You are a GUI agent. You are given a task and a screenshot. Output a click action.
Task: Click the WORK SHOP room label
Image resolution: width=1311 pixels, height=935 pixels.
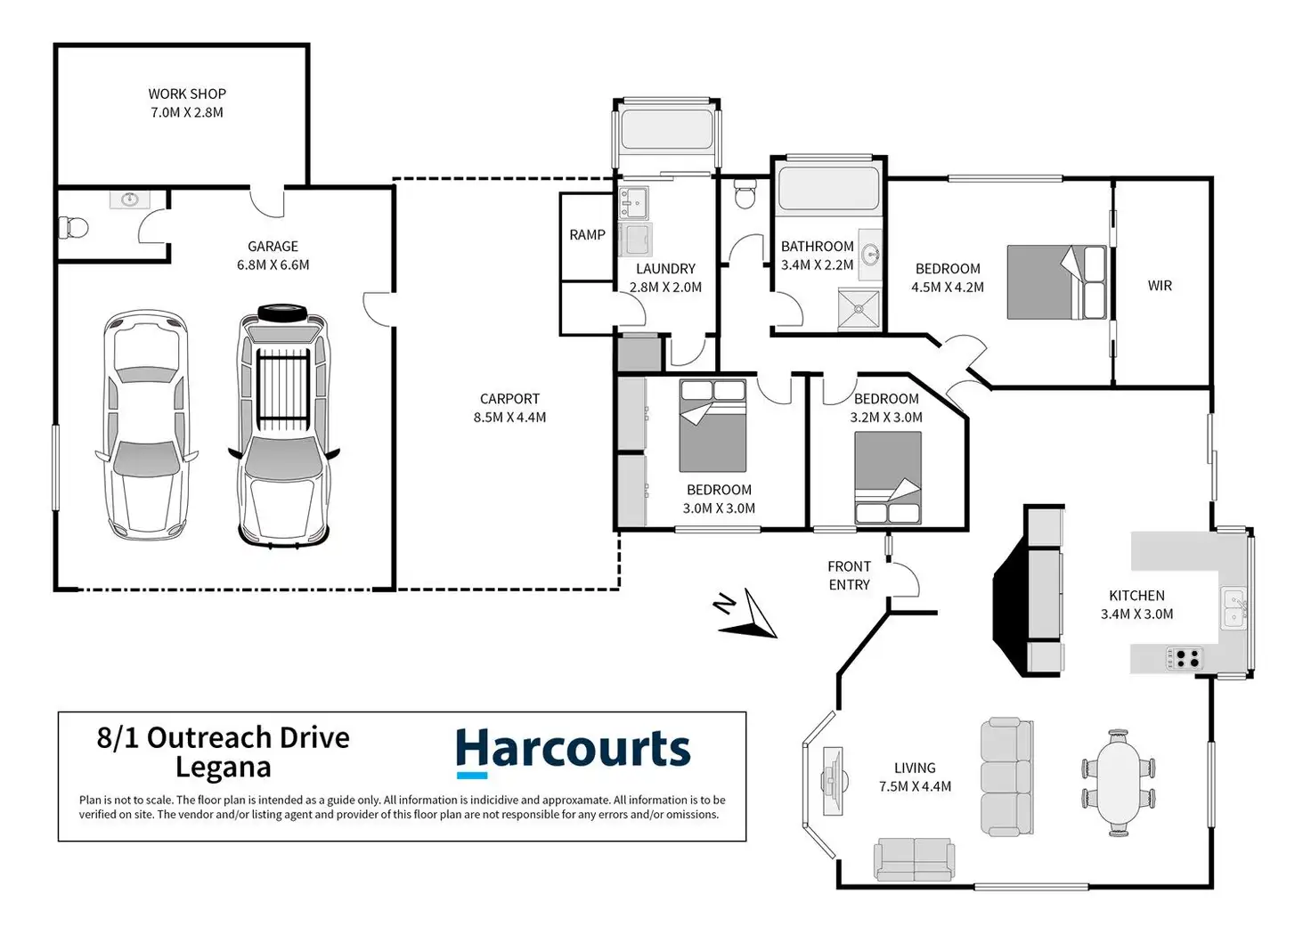(x=187, y=102)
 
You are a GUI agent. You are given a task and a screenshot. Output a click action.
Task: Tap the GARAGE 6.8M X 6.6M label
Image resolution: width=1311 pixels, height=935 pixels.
(x=273, y=256)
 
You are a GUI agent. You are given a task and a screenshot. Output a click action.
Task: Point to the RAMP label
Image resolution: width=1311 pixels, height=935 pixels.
(x=587, y=235)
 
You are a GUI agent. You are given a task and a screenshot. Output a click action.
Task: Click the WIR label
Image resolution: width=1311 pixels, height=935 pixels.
(x=1160, y=286)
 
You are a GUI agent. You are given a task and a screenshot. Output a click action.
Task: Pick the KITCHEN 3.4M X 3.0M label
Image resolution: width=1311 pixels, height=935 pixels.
(x=1137, y=605)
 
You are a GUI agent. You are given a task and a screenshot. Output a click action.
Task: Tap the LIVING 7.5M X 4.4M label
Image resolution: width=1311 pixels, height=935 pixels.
(x=915, y=776)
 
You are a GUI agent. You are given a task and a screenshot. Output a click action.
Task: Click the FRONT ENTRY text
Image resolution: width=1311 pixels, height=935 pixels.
(x=849, y=575)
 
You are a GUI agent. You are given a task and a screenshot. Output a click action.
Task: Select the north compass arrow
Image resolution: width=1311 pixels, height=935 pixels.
(x=748, y=616)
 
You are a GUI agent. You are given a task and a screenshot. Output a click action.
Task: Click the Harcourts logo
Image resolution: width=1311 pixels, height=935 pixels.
(x=573, y=751)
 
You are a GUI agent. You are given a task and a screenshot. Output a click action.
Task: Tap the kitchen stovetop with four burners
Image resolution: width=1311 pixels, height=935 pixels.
(x=1185, y=659)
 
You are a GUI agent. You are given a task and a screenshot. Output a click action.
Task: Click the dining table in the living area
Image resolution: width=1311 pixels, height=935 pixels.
(x=1119, y=783)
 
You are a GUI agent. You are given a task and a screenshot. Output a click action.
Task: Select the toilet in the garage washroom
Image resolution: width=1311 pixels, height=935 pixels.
(x=74, y=228)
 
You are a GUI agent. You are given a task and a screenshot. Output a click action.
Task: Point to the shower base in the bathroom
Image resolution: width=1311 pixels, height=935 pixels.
(x=859, y=309)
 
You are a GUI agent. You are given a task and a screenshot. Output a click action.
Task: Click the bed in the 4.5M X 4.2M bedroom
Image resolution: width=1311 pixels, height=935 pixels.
(x=1056, y=282)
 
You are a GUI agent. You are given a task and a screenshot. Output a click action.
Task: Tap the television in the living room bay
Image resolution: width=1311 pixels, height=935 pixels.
(x=833, y=781)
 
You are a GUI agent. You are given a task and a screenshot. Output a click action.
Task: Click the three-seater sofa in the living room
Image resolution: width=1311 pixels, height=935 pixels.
(x=1006, y=776)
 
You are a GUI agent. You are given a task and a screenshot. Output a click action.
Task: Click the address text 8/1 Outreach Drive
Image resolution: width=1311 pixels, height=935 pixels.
(x=223, y=738)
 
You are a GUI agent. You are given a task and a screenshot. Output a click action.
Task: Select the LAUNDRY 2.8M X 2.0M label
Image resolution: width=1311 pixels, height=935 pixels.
(x=665, y=278)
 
